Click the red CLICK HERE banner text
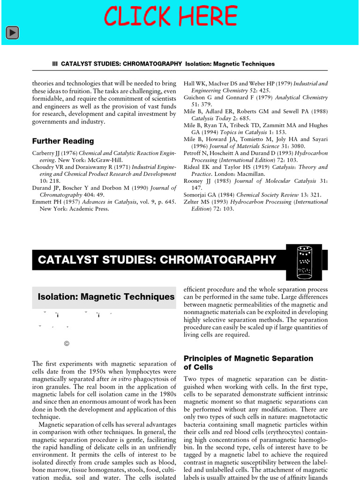click(x=171, y=17)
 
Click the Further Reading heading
click(x=63, y=141)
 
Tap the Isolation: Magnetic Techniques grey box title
click(x=106, y=297)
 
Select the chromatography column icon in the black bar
click(x=306, y=260)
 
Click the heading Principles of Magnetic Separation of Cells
click(x=248, y=363)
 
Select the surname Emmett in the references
click(x=44, y=202)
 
